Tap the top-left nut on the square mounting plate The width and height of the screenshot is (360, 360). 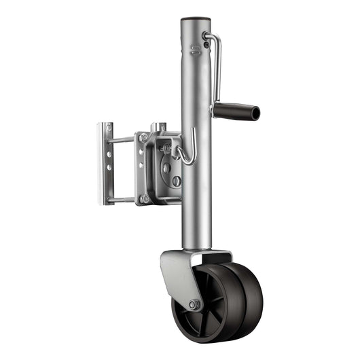144,138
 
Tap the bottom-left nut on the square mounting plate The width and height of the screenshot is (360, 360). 144,198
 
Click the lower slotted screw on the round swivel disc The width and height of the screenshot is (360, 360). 176,181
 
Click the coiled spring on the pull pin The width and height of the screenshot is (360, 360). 167,146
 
